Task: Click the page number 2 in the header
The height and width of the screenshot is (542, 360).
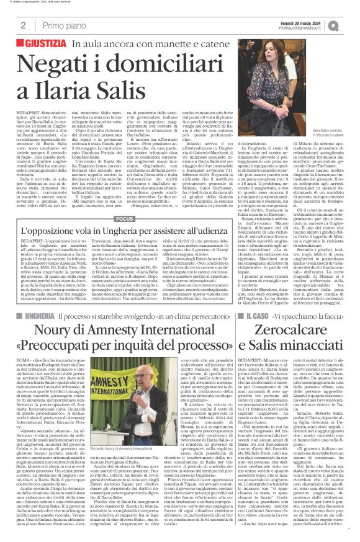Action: click(x=23, y=26)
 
